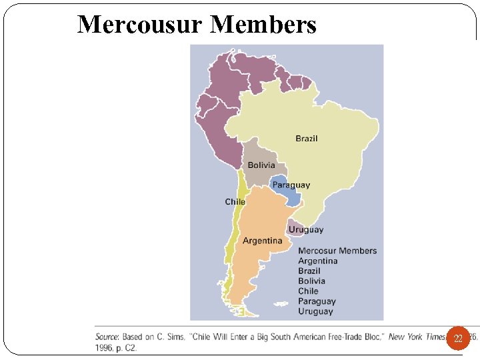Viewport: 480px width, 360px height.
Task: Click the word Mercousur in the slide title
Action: coord(140,25)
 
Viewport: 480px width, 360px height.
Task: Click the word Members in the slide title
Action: coord(264,25)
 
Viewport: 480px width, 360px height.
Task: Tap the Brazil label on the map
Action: coord(307,139)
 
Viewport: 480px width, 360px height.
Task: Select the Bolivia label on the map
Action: coord(261,165)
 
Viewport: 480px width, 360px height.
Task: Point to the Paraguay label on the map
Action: coord(291,185)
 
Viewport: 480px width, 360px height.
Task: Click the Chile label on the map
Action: coord(235,201)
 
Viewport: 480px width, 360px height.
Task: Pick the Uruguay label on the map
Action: coord(306,229)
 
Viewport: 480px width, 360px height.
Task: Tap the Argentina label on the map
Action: coord(262,240)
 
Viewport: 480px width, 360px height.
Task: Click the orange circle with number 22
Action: coord(458,339)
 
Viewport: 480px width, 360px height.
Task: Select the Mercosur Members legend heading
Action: coord(337,251)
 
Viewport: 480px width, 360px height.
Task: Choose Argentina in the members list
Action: coord(318,261)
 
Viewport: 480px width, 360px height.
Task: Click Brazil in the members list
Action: coord(309,271)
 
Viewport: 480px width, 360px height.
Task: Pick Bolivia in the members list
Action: coord(312,281)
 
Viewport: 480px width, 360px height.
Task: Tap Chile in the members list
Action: coord(308,291)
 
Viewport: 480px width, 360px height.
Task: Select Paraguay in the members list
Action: coord(317,301)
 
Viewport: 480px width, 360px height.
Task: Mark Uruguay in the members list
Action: coord(315,311)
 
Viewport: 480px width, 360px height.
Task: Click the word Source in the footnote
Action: coord(107,337)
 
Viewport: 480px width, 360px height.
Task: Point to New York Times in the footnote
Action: coord(417,337)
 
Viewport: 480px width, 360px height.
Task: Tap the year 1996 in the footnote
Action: coord(105,347)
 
